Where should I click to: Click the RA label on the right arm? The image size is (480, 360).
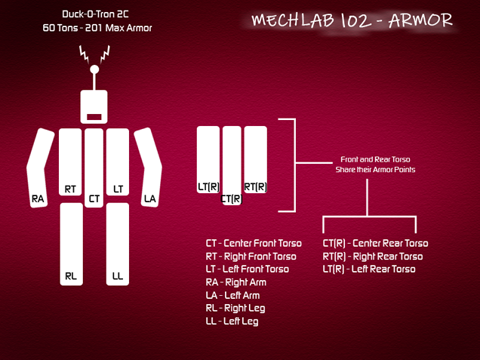(38, 199)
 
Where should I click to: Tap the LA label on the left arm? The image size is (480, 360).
(150, 199)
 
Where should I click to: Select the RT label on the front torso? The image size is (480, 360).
(70, 189)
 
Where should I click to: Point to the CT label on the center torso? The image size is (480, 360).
(94, 199)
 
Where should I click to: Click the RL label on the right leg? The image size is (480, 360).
(71, 276)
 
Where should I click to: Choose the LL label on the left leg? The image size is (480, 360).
(118, 276)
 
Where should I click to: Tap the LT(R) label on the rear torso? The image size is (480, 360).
(208, 186)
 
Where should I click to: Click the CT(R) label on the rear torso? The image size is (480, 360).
(232, 199)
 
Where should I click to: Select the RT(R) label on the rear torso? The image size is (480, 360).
(256, 186)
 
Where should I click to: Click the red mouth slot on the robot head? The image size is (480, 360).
(94, 117)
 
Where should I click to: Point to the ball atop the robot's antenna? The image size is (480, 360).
(94, 69)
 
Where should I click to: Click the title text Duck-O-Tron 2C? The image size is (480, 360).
(95, 14)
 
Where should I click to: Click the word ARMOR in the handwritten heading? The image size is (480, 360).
(420, 20)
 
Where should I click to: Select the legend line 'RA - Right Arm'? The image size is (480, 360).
(236, 282)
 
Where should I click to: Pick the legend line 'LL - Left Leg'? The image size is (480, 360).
(232, 322)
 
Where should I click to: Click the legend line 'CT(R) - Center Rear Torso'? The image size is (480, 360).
(375, 243)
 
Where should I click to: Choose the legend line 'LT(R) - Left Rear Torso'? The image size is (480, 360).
(369, 269)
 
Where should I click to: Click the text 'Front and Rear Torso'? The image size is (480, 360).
(375, 159)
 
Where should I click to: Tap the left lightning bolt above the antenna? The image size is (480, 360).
(84, 54)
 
